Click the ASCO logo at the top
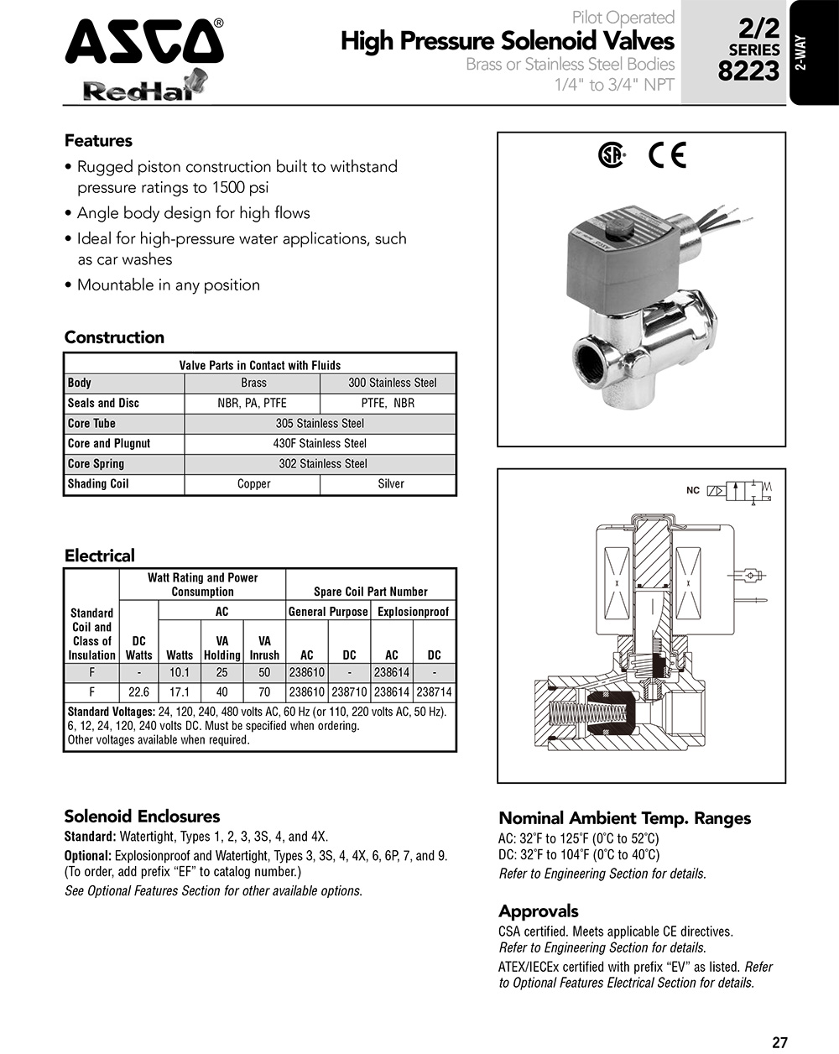pos(144,42)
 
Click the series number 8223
pos(748,71)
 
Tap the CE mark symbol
pos(668,156)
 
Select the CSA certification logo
pos(612,156)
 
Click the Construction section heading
pos(114,337)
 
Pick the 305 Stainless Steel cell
pos(320,424)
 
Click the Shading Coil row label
pos(98,484)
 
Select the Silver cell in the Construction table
pos(390,484)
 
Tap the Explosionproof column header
pos(413,612)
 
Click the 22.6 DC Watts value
pos(138,692)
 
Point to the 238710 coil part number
pos(349,692)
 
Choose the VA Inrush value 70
pos(264,692)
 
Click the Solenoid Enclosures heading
pos(142,817)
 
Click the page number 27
pos(779,1043)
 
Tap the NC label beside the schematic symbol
pos(692,490)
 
